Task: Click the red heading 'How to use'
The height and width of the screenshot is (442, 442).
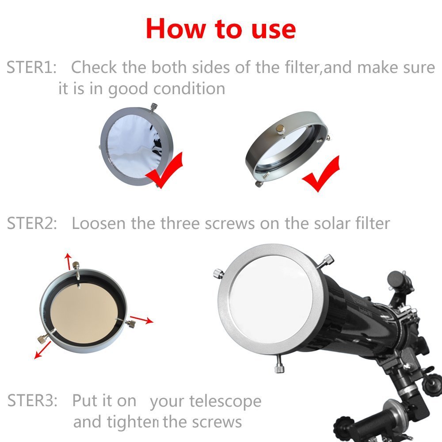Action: [221, 28]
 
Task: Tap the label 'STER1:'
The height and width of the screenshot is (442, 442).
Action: [31, 68]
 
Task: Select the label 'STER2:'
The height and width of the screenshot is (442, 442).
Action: [32, 223]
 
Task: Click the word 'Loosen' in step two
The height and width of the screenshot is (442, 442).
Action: [99, 223]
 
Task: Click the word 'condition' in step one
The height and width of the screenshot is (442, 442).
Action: [189, 89]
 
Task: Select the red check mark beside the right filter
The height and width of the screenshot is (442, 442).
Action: [321, 174]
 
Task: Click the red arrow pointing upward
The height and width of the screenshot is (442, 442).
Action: [68, 261]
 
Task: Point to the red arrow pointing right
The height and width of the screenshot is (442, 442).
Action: [142, 320]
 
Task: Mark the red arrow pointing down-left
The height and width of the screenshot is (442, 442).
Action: [42, 350]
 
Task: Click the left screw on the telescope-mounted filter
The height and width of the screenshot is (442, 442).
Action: [218, 273]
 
